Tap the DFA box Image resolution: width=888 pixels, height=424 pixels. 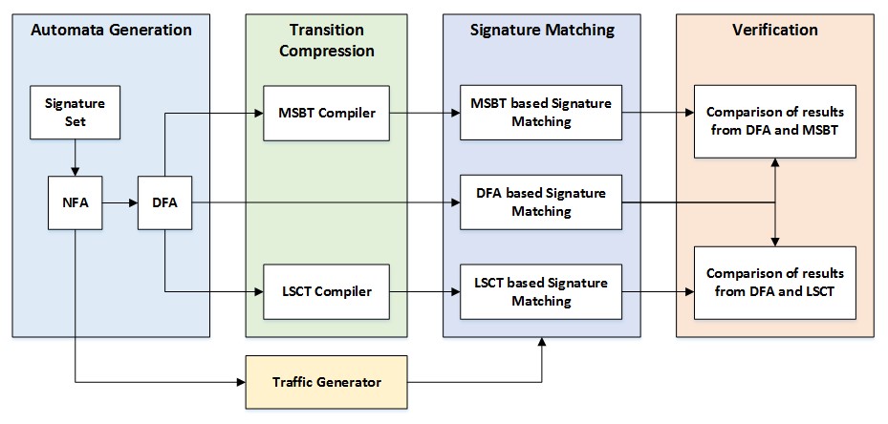(x=164, y=202)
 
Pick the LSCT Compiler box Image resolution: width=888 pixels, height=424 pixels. (x=326, y=290)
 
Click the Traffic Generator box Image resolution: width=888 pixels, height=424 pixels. (x=326, y=382)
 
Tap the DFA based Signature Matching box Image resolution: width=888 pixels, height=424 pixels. (x=541, y=202)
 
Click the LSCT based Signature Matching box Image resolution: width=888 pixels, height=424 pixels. (x=541, y=290)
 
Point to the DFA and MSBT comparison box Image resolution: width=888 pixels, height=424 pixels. (x=775, y=121)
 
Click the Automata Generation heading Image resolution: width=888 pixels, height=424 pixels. (x=111, y=30)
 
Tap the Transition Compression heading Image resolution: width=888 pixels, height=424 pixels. (x=327, y=40)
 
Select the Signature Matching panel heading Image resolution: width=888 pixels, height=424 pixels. (x=541, y=30)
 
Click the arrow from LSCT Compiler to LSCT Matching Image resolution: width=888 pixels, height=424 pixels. (x=424, y=290)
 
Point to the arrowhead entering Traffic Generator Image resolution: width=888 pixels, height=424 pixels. (x=240, y=382)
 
